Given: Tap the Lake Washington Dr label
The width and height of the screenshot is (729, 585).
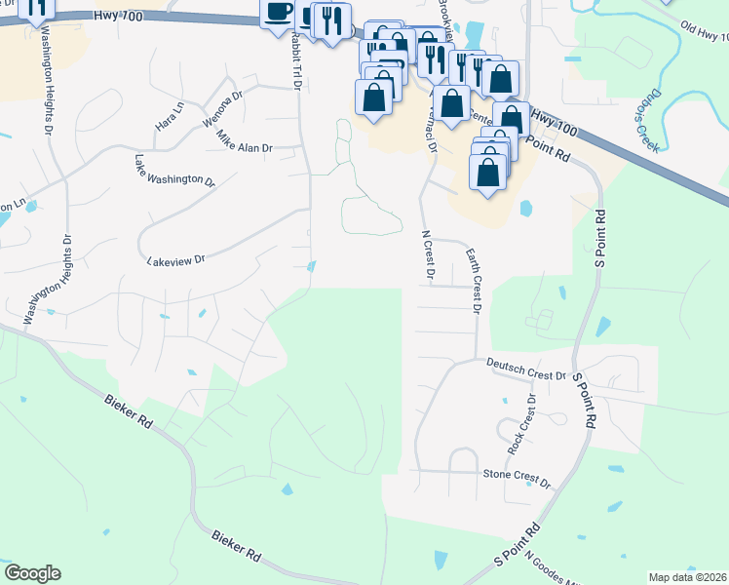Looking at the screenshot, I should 175,170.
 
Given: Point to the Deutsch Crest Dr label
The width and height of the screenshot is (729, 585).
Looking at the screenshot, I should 526,369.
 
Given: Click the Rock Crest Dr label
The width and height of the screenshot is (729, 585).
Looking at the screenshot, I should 521,425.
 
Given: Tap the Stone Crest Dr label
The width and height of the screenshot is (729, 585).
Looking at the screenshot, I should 518,478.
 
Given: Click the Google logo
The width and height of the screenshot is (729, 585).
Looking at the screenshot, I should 32,573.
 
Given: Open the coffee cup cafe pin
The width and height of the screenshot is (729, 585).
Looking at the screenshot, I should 278,11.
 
